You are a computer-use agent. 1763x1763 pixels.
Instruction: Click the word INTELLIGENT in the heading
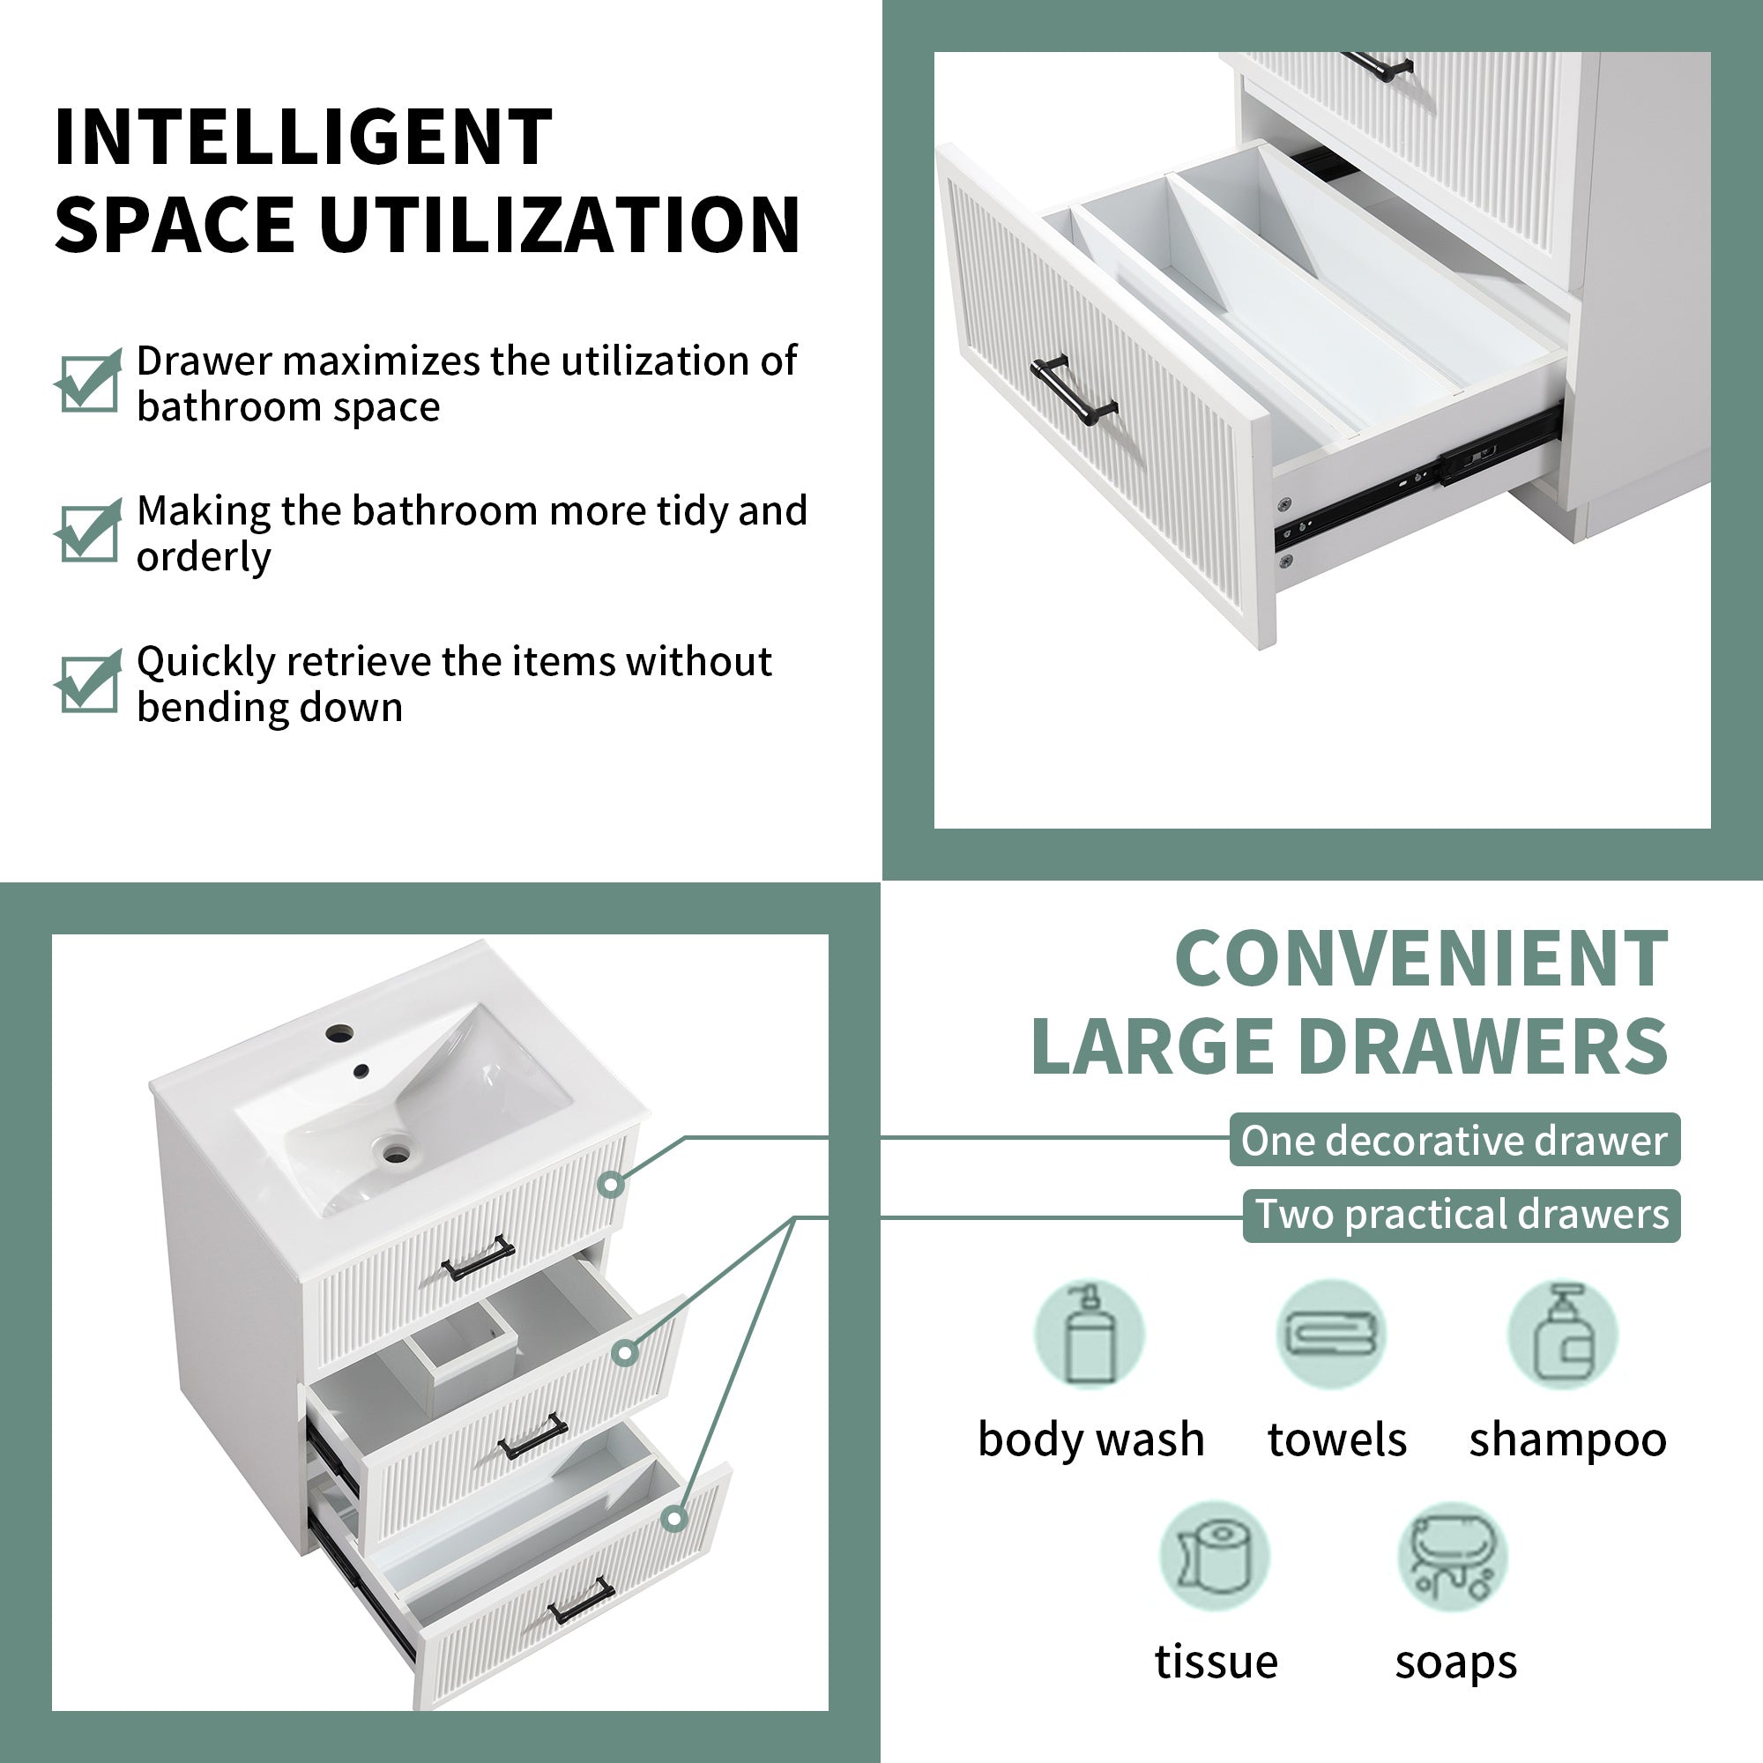[303, 137]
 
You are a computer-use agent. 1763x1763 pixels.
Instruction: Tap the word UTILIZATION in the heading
[560, 225]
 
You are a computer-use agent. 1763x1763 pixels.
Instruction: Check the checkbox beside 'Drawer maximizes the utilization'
[87, 381]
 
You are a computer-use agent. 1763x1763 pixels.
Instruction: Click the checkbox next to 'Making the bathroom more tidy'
[87, 530]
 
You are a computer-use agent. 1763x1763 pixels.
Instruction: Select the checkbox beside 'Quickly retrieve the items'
[87, 681]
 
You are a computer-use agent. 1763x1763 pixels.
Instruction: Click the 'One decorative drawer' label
[1454, 1140]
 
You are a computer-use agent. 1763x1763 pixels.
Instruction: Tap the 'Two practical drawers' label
[1462, 1216]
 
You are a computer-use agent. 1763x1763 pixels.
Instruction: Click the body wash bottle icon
[1090, 1334]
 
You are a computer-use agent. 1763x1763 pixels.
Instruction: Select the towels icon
[1331, 1334]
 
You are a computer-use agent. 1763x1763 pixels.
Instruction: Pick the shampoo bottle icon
[1562, 1334]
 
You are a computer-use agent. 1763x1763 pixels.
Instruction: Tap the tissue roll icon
[1215, 1557]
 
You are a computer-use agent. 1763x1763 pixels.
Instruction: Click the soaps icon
[1453, 1557]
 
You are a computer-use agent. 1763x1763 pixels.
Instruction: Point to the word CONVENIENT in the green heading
[1422, 958]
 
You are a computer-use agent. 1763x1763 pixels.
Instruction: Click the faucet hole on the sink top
[339, 1034]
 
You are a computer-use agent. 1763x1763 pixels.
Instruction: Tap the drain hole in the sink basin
[396, 1153]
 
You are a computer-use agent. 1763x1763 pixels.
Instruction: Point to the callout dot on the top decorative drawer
[612, 1185]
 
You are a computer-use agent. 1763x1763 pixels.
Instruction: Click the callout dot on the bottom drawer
[674, 1519]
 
